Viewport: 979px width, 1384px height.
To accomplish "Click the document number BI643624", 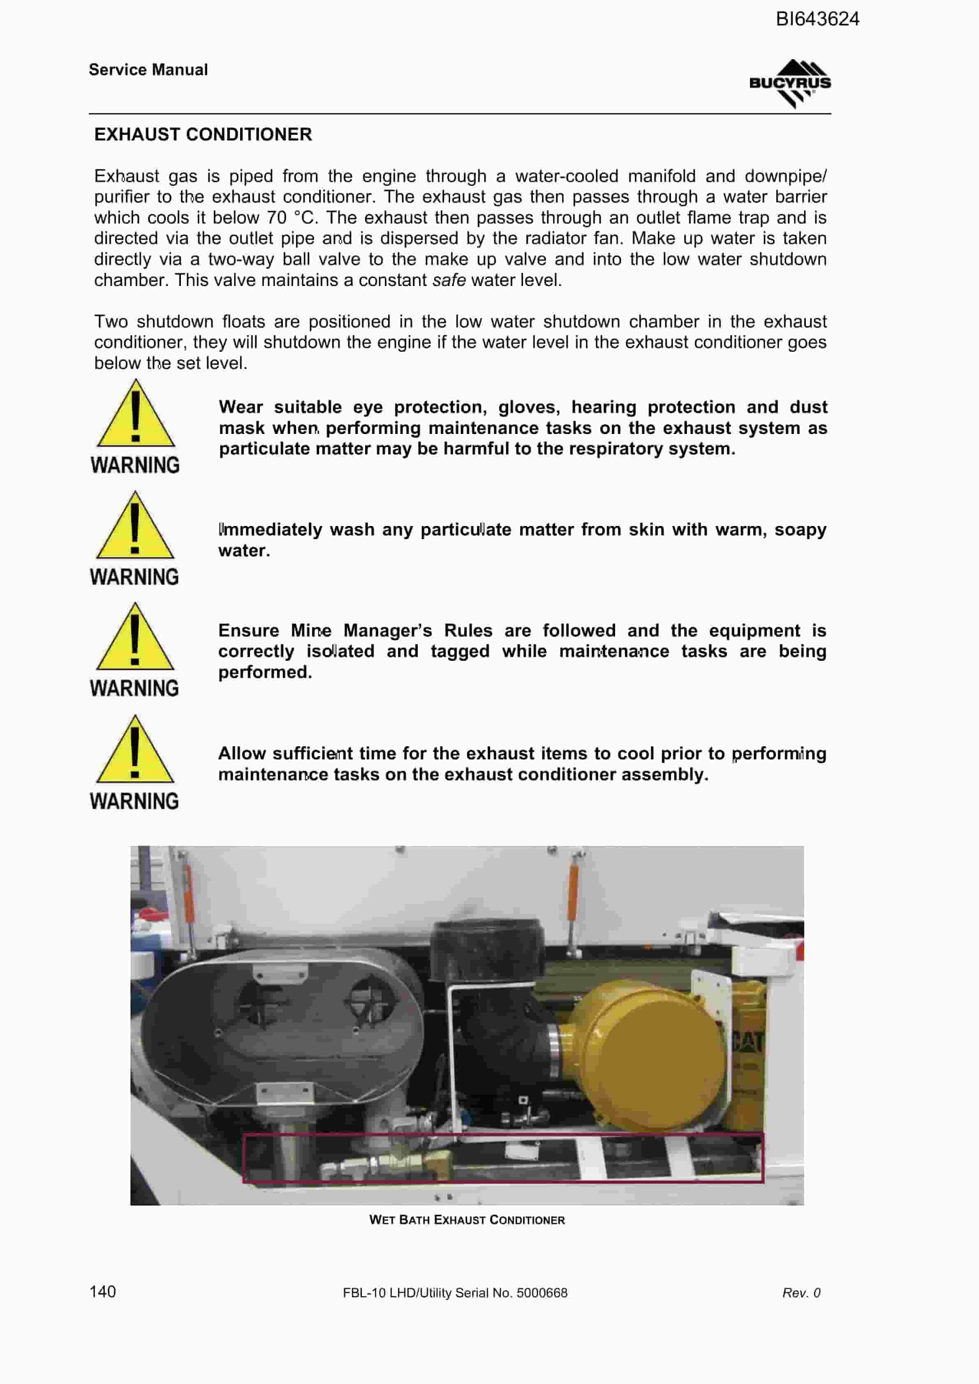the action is coord(817,19).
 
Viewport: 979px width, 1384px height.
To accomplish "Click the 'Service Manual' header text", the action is coord(148,70).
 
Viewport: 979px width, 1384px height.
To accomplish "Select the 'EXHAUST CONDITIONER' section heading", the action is coord(203,134).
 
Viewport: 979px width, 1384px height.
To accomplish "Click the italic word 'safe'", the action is coord(449,280).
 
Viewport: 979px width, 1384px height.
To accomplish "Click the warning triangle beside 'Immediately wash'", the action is coord(135,525).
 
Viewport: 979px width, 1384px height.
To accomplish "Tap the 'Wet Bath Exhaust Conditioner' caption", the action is coord(467,1220).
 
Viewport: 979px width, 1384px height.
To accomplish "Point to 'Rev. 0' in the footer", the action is coord(801,1292).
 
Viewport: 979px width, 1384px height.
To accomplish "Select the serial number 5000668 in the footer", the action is coord(542,1292).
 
